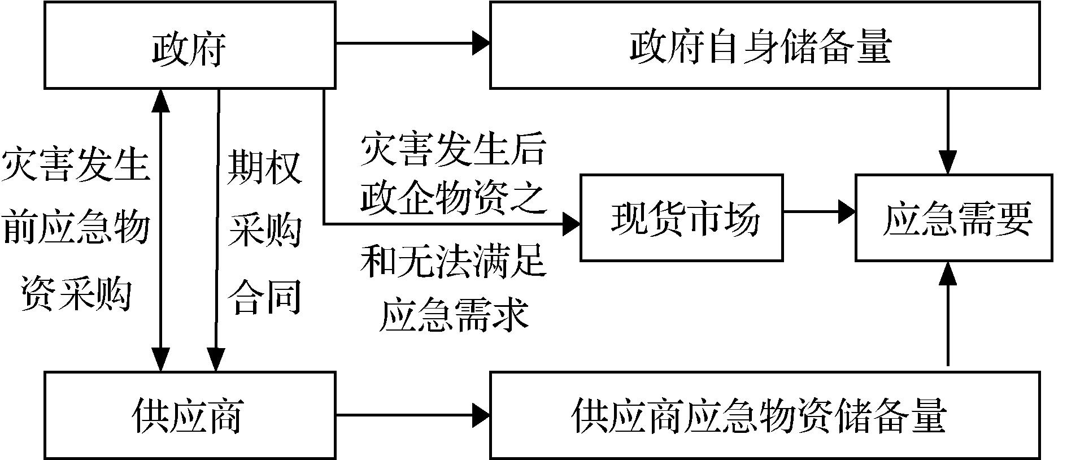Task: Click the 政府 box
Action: tap(190, 45)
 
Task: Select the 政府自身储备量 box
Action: tap(764, 45)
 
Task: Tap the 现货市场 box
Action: tap(681, 218)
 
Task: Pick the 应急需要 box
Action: tap(954, 218)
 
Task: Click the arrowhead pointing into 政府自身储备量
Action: tap(481, 43)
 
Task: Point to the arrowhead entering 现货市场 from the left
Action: tap(572, 224)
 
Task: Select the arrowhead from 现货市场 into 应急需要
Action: tap(847, 211)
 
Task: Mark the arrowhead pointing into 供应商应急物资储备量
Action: tap(481, 415)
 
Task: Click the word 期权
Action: tap(264, 168)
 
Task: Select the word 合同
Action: tap(264, 298)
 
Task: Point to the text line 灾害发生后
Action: tap(453, 150)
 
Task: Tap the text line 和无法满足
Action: tap(453, 261)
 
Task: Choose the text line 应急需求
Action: tap(453, 314)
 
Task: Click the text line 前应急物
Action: tap(76, 228)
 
